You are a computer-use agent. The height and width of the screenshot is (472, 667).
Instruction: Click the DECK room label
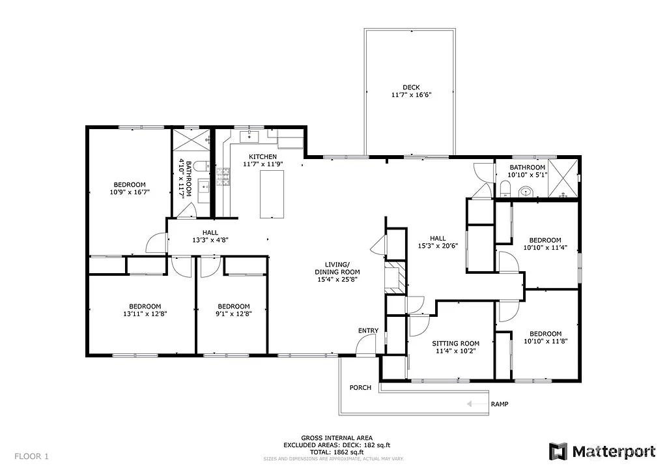pos(411,87)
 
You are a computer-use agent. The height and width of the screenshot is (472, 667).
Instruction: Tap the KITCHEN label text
pos(263,157)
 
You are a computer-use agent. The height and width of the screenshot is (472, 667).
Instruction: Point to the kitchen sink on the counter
pos(249,136)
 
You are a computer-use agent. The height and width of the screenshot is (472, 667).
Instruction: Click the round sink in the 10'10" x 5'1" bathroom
pos(526,192)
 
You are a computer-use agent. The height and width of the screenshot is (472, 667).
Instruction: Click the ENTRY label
pos(368,331)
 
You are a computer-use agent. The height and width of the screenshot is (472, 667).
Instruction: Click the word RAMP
pos(500,404)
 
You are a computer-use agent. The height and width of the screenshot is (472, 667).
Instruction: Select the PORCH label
pos(360,387)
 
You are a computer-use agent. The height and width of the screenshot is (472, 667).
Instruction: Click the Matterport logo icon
pos(558,451)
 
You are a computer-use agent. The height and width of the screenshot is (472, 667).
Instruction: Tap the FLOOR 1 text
pos(31,456)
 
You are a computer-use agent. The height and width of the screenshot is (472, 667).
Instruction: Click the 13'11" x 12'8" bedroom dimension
pos(145,314)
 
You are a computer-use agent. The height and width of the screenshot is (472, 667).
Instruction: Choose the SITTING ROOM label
pos(456,344)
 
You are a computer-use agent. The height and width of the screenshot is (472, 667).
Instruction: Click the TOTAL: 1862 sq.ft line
pos(337,452)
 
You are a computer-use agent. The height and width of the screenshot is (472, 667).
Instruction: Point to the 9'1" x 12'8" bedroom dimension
pos(234,314)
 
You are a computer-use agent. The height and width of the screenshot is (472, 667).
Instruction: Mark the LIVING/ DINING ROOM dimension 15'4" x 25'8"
pos(337,279)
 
